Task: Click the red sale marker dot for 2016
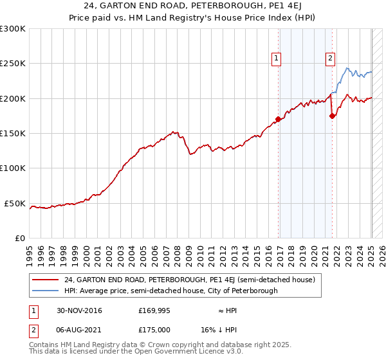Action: (x=278, y=120)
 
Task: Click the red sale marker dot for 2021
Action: (x=332, y=116)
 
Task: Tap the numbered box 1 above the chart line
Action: (x=276, y=59)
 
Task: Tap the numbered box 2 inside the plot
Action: (x=330, y=59)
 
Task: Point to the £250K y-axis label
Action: (x=12, y=64)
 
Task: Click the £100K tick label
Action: (x=12, y=168)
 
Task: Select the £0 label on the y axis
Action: (x=20, y=239)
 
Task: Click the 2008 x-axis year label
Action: (x=178, y=256)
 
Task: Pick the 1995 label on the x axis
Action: (x=30, y=256)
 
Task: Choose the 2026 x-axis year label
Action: (x=382, y=256)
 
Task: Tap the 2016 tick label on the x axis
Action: (x=268, y=256)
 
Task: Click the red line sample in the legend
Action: (x=45, y=280)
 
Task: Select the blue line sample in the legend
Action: (x=45, y=291)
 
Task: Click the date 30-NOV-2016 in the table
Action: (x=79, y=310)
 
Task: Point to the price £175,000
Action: (x=154, y=330)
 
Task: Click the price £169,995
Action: (x=154, y=310)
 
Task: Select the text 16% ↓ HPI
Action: (x=219, y=330)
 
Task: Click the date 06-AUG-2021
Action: (x=78, y=330)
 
